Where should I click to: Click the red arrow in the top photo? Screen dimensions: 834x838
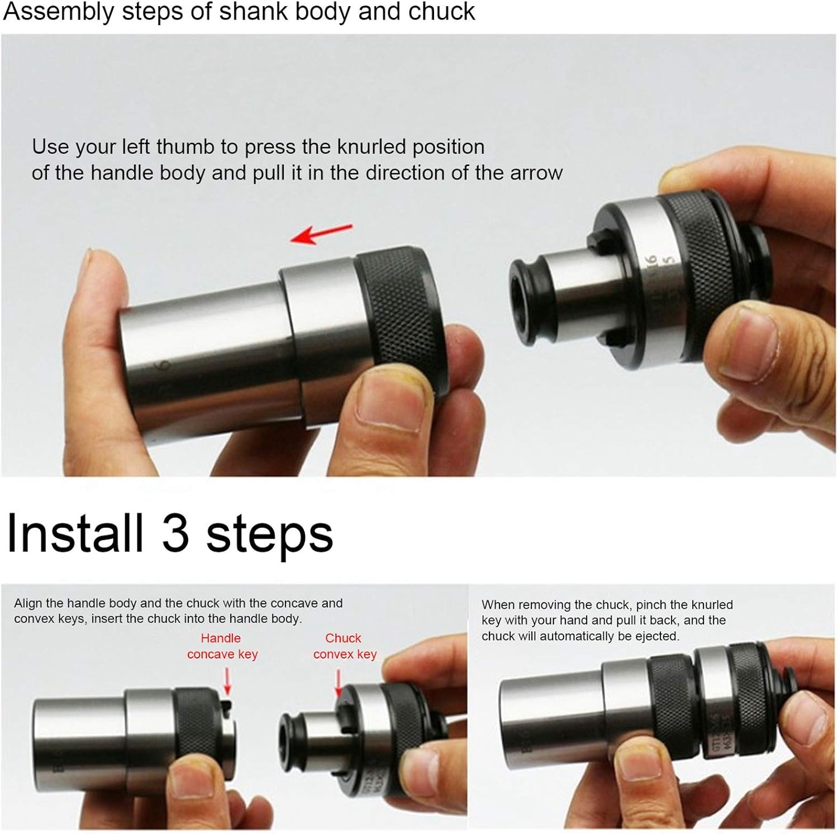tap(321, 233)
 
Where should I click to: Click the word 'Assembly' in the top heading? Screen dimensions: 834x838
tap(58, 12)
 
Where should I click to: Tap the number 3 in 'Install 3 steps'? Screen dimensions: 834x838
tap(175, 533)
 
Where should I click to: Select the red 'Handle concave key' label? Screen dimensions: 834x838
tap(222, 646)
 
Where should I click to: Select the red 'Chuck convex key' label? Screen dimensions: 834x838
tap(344, 646)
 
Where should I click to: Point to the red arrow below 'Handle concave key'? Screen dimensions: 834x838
tap(227, 682)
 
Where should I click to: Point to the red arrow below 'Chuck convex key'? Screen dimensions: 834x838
tap(338, 683)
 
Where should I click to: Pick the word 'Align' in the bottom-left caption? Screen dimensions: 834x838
tap(28, 603)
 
